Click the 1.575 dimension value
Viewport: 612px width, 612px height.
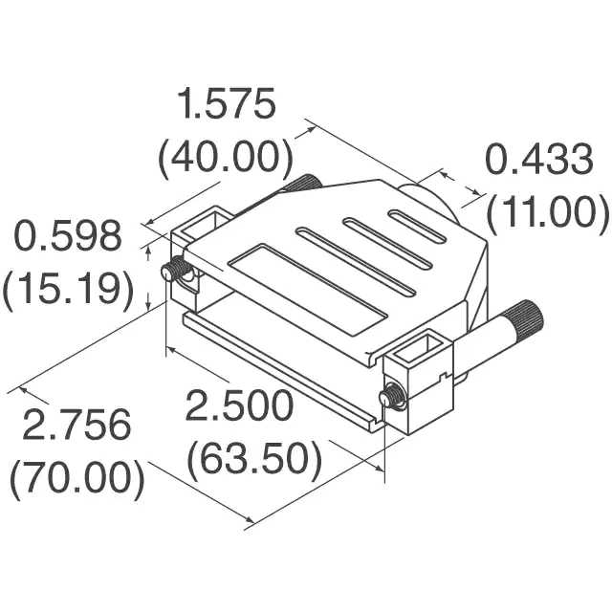click(x=226, y=103)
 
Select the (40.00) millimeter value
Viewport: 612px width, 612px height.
click(x=226, y=157)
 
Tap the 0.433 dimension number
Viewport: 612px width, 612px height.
click(x=538, y=160)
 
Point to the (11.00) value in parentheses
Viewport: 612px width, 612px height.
click(x=547, y=212)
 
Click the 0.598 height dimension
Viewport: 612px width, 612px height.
click(x=68, y=236)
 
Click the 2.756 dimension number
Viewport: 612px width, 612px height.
click(x=76, y=425)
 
